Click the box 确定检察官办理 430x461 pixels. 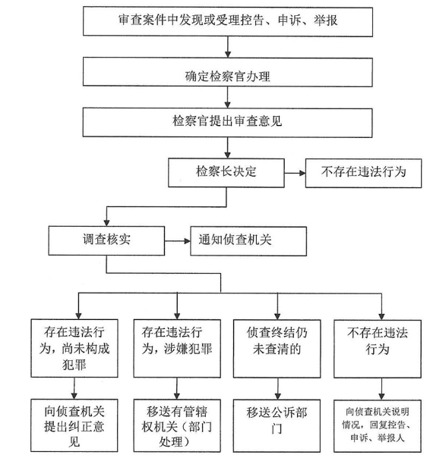tap(228, 72)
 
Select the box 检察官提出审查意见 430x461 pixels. tap(227, 123)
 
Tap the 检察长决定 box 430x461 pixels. tap(226, 173)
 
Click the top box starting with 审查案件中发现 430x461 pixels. tap(228, 22)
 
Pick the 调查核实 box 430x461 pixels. tap(106, 240)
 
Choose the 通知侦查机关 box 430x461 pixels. tap(248, 241)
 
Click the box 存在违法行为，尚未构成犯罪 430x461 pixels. tap(74, 348)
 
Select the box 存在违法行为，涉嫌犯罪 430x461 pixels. tap(177, 349)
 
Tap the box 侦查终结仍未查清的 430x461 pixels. tap(277, 349)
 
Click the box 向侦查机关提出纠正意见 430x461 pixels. tap(74, 425)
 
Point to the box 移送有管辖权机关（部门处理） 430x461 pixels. tap(177, 425)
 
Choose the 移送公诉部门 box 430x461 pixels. tap(277, 426)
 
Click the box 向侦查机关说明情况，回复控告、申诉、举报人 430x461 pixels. tap(378, 426)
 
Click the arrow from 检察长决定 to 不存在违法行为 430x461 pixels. tap(295, 173)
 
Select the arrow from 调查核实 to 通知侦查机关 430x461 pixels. tap(178, 241)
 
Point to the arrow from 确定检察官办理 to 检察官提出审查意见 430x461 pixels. tap(227, 97)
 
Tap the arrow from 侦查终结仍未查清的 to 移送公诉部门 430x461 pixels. tap(277, 389)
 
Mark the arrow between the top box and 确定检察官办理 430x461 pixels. tap(228, 47)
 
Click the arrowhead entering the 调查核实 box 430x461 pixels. tap(106, 223)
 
